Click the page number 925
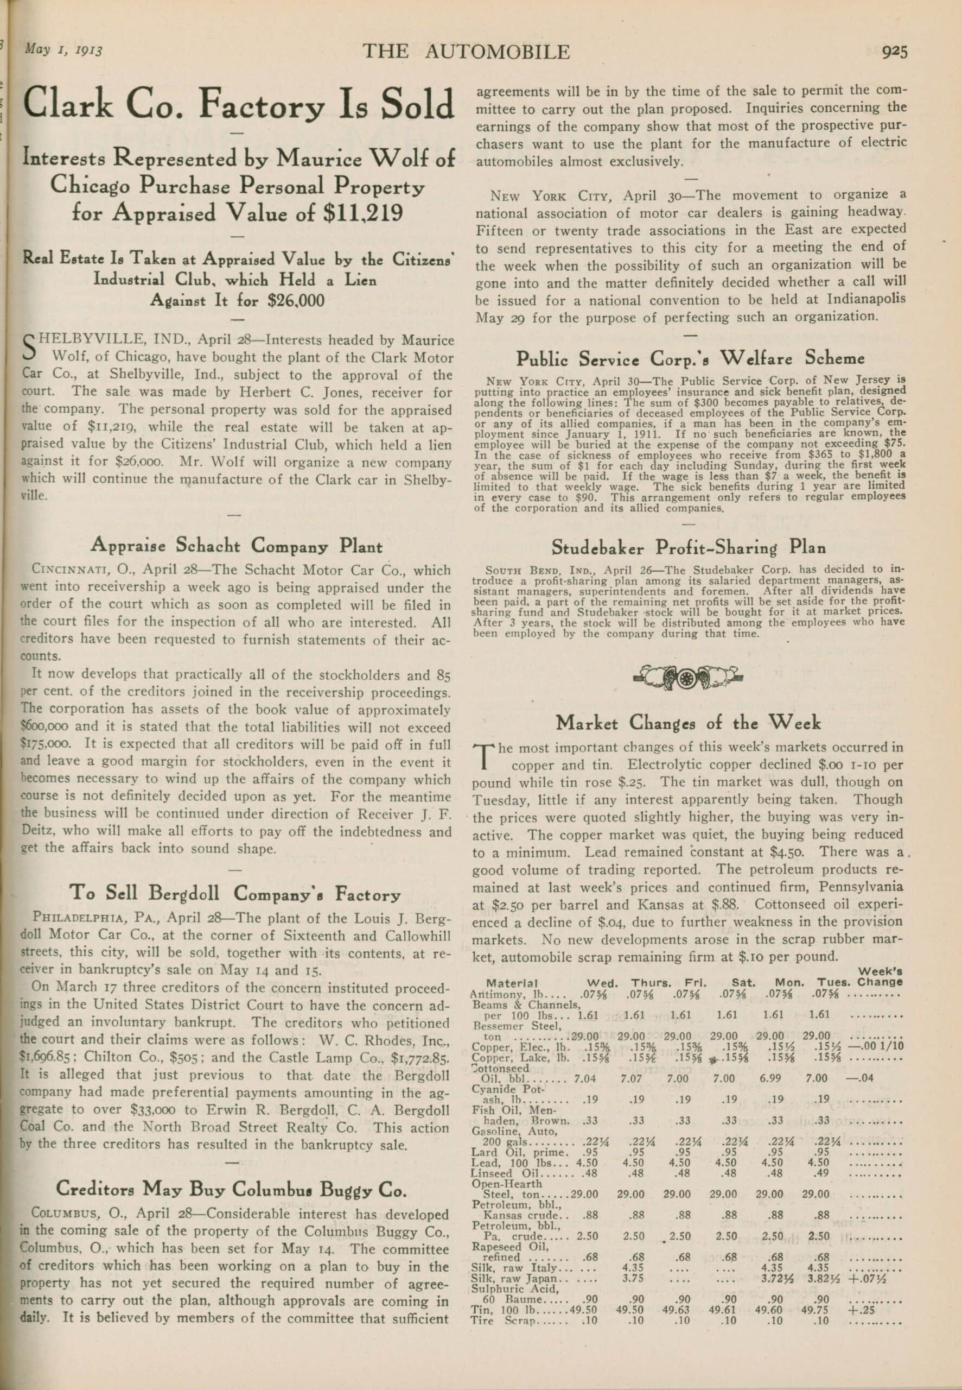(x=895, y=53)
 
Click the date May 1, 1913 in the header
(x=63, y=49)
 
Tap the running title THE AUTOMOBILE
(x=466, y=52)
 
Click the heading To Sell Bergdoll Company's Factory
(x=235, y=893)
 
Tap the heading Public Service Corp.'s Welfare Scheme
(x=690, y=359)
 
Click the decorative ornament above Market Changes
(x=689, y=678)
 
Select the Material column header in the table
(x=512, y=983)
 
